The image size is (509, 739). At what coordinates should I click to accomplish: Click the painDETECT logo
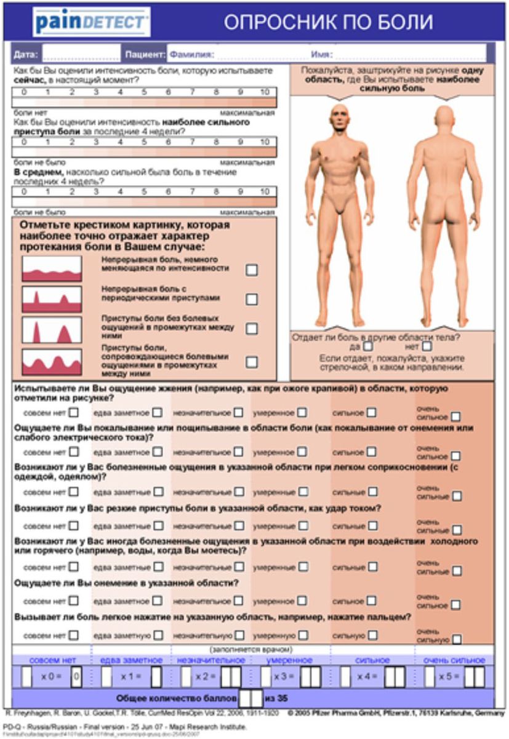click(x=92, y=23)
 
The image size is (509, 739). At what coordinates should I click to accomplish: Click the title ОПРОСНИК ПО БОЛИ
click(x=328, y=23)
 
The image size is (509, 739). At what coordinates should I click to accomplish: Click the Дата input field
click(x=81, y=54)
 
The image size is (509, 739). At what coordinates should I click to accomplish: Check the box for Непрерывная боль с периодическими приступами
click(x=252, y=299)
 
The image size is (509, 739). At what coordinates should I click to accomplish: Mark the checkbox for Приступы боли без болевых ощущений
click(x=252, y=329)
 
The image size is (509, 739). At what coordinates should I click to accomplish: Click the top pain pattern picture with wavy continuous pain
click(x=52, y=269)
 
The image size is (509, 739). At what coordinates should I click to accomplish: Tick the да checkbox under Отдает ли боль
click(x=368, y=346)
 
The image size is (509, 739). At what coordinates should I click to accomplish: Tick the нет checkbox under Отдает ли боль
click(x=427, y=346)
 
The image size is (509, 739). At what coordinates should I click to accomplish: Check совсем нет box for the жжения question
click(x=74, y=413)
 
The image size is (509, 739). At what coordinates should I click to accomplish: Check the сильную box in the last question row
click(x=372, y=635)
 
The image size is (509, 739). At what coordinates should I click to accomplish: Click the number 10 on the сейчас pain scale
click(x=264, y=92)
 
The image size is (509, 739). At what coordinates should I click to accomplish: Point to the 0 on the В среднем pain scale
click(x=24, y=191)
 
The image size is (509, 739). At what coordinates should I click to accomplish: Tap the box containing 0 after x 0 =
click(x=76, y=677)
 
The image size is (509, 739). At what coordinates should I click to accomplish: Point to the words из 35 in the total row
click(x=276, y=698)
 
